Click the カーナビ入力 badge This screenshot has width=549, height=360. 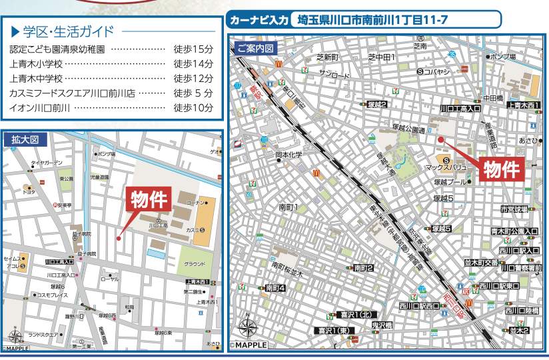pos(259,21)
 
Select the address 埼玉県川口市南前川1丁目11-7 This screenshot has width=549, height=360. pos(393,21)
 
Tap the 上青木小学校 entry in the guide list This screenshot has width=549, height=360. pos(37,64)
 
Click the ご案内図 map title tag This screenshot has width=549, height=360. pos(255,49)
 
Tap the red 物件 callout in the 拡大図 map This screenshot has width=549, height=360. pos(149,199)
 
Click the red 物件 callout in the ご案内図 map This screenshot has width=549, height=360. pos(500,169)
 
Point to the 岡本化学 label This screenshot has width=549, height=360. pos(289,155)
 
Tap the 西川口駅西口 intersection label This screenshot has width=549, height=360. pos(418,306)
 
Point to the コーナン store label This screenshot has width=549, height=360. pos(197,202)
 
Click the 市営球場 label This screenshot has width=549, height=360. pos(514,209)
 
